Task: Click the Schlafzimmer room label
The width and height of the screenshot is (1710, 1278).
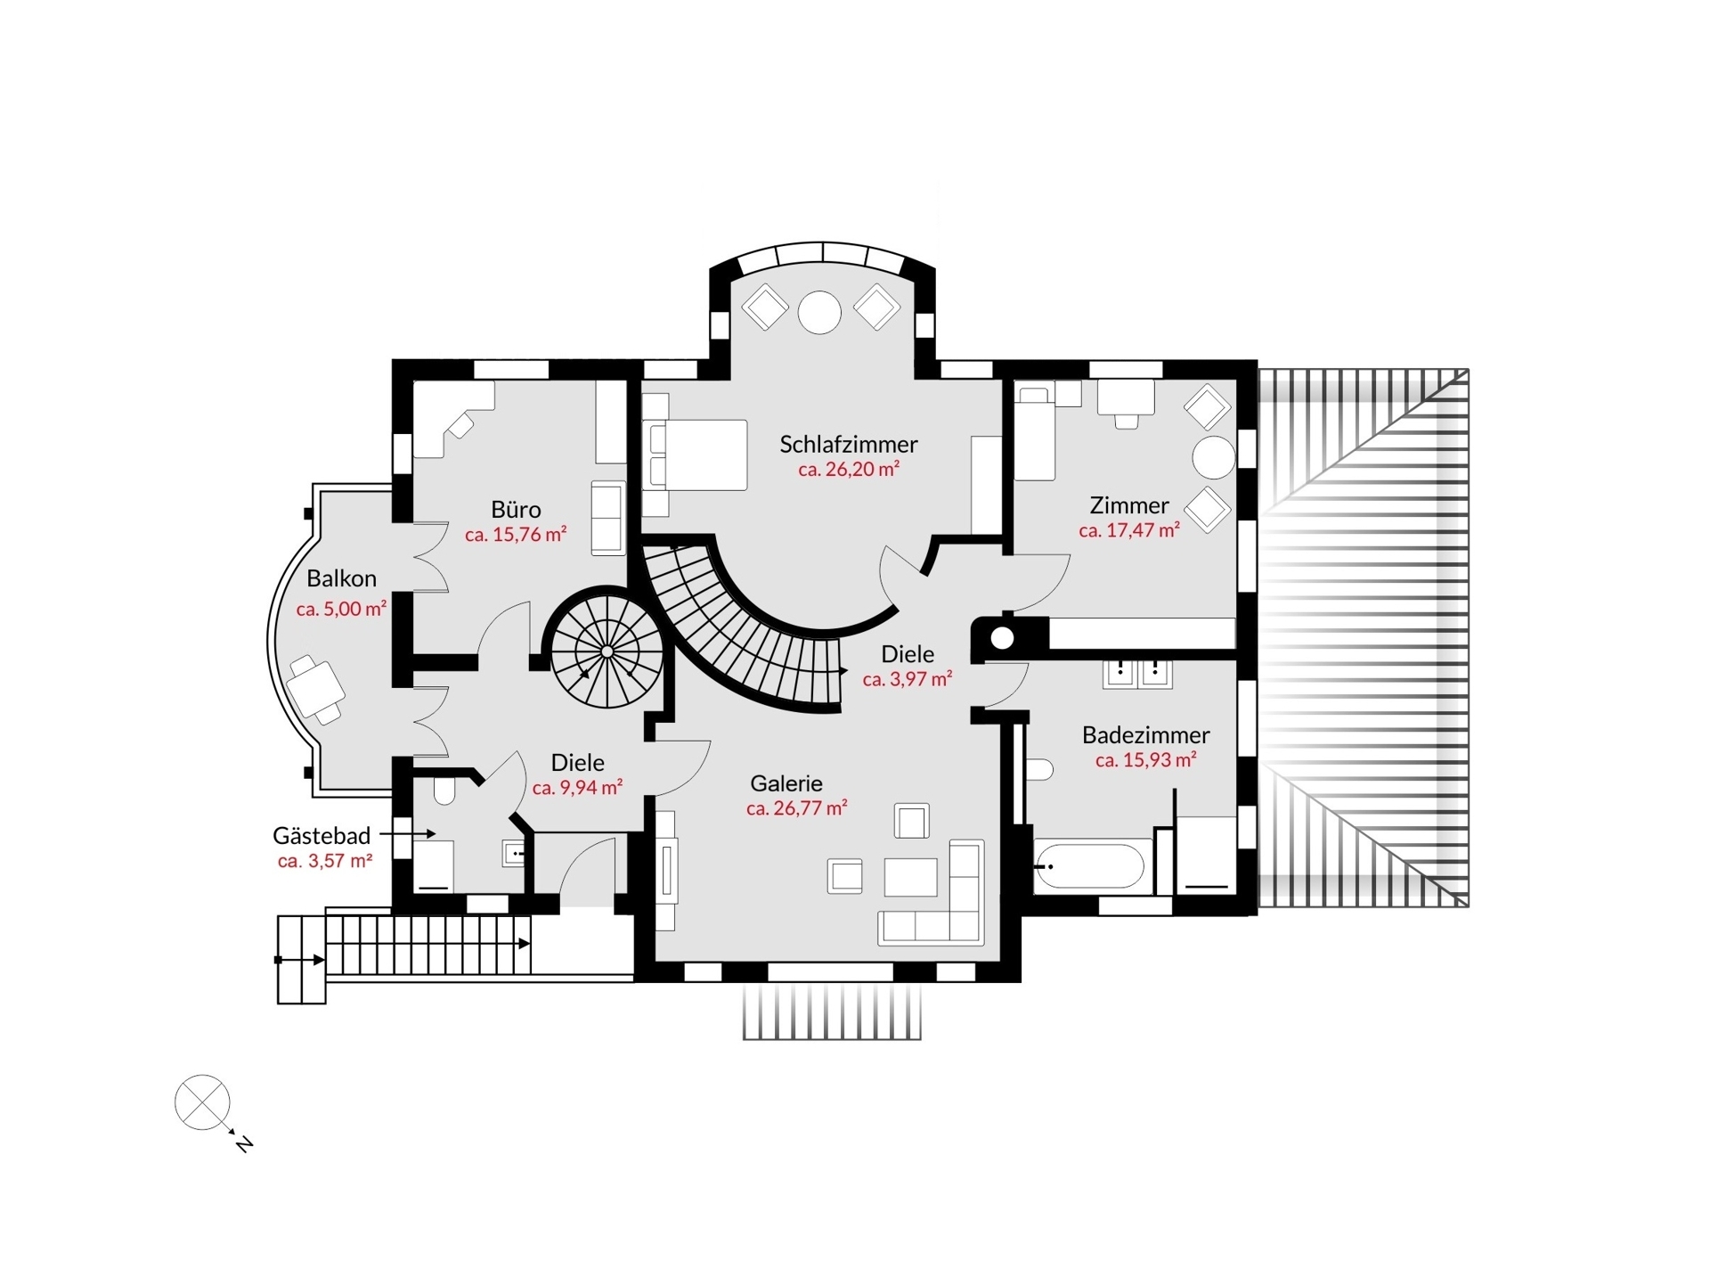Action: click(848, 444)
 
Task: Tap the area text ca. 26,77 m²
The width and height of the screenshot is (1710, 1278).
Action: click(796, 808)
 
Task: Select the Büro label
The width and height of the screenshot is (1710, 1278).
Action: click(516, 509)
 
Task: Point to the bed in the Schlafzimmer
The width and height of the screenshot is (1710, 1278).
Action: click(695, 455)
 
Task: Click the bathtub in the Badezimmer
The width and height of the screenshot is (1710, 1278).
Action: click(1089, 864)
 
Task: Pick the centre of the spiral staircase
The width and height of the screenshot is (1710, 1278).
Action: click(607, 651)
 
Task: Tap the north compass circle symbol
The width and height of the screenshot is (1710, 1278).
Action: click(202, 1102)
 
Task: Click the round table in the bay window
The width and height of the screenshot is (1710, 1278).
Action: click(819, 313)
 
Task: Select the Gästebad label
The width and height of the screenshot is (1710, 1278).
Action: click(322, 836)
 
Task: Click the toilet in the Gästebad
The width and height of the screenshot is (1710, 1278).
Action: click(444, 790)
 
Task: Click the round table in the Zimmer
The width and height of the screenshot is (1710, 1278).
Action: click(1214, 458)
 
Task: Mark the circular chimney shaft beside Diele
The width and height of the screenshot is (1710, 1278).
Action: click(1002, 638)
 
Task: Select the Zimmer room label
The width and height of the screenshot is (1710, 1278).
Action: click(1129, 505)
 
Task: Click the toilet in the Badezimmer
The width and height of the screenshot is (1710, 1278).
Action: click(1038, 768)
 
